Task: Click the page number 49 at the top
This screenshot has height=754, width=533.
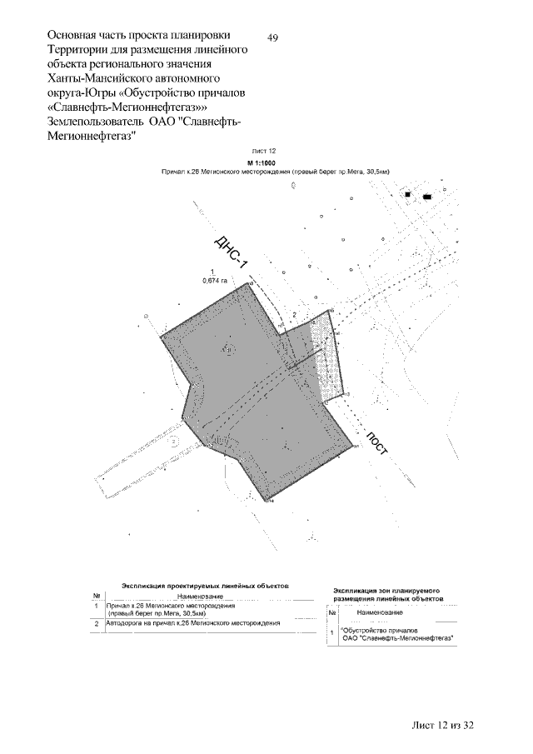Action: click(273, 37)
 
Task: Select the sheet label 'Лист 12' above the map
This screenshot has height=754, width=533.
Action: click(274, 151)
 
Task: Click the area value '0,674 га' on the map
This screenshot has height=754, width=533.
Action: click(215, 282)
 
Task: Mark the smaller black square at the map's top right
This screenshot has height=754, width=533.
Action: click(408, 194)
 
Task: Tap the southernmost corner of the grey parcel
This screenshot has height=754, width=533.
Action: click(267, 501)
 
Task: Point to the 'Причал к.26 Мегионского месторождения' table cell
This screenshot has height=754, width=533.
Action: click(172, 606)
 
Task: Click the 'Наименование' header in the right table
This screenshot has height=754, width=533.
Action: click(380, 612)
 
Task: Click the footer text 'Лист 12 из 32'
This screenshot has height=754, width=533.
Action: click(443, 726)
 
